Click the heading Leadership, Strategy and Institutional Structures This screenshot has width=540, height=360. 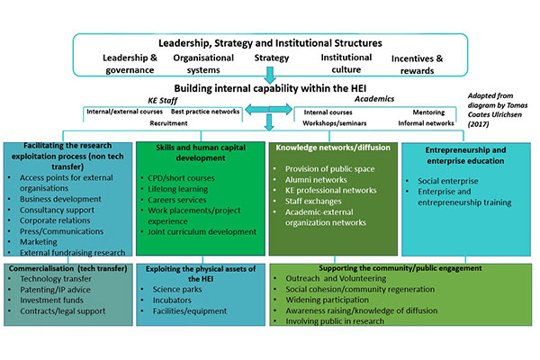click(269, 42)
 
